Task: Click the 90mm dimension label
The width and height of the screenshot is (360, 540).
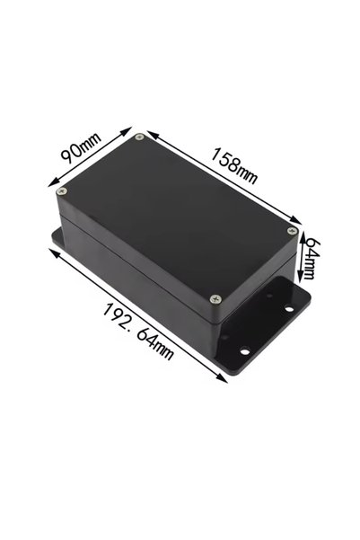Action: pos(81,147)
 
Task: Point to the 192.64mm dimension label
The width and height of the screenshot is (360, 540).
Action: pos(137,332)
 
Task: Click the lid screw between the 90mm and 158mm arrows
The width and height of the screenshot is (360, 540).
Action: pos(139,137)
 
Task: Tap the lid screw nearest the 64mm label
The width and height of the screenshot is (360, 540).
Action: pos(292,231)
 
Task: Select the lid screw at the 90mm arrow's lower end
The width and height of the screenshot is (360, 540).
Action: pos(62,190)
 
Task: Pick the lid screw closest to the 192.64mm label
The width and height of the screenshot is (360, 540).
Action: pos(215,299)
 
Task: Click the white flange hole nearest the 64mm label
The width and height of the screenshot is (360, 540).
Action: pos(289,309)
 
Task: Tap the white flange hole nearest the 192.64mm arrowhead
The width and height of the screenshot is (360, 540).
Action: pos(244,351)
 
